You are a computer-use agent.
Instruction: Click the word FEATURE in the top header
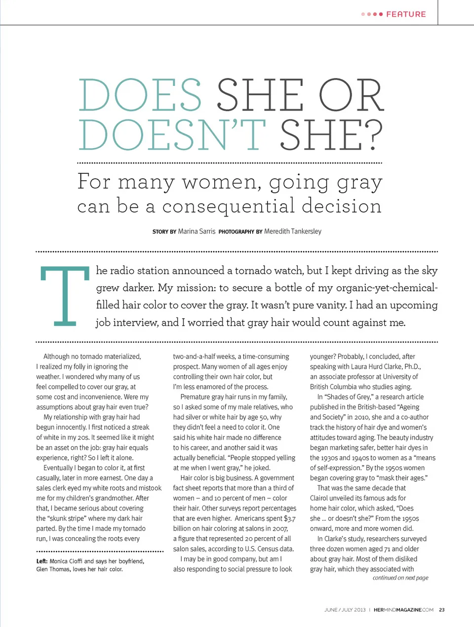click(406, 14)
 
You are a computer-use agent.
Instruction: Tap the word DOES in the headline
click(140, 95)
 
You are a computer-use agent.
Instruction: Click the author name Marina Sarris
click(197, 231)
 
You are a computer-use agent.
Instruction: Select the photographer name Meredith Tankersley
click(293, 231)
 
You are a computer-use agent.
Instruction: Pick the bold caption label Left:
click(42, 561)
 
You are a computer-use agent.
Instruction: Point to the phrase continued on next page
click(400, 578)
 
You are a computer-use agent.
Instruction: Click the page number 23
click(442, 610)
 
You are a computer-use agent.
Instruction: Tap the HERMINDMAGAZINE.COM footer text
click(403, 610)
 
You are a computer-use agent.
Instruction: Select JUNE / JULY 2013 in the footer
click(345, 610)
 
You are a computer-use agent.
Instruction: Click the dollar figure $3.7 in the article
click(290, 518)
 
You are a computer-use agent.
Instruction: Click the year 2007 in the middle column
click(280, 528)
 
